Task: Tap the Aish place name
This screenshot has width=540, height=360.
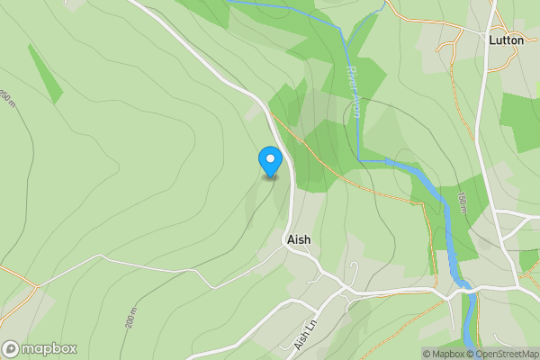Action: (x=297, y=240)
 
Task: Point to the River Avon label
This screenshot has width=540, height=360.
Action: (x=354, y=92)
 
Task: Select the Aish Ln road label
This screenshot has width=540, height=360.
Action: (x=306, y=336)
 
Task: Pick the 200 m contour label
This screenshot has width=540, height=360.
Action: (x=131, y=319)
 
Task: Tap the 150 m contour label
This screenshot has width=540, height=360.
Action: (x=462, y=202)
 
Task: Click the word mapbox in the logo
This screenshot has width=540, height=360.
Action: (x=49, y=348)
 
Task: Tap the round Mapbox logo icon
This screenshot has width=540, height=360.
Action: (x=11, y=348)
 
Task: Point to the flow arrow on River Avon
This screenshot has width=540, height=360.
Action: (x=390, y=162)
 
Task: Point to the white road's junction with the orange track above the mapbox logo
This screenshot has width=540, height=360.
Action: (x=35, y=286)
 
